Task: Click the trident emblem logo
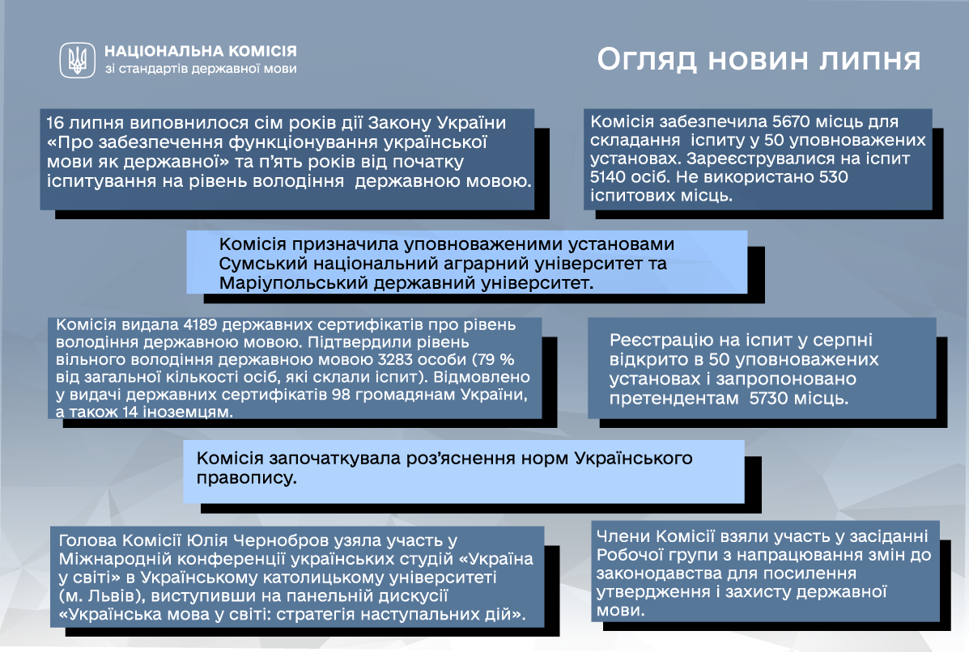point(77,60)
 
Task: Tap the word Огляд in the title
point(647,60)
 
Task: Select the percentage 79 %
point(498,359)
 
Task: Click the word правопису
point(246,479)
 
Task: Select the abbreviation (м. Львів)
point(102,596)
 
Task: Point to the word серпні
point(844,341)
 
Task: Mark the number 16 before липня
point(55,123)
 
